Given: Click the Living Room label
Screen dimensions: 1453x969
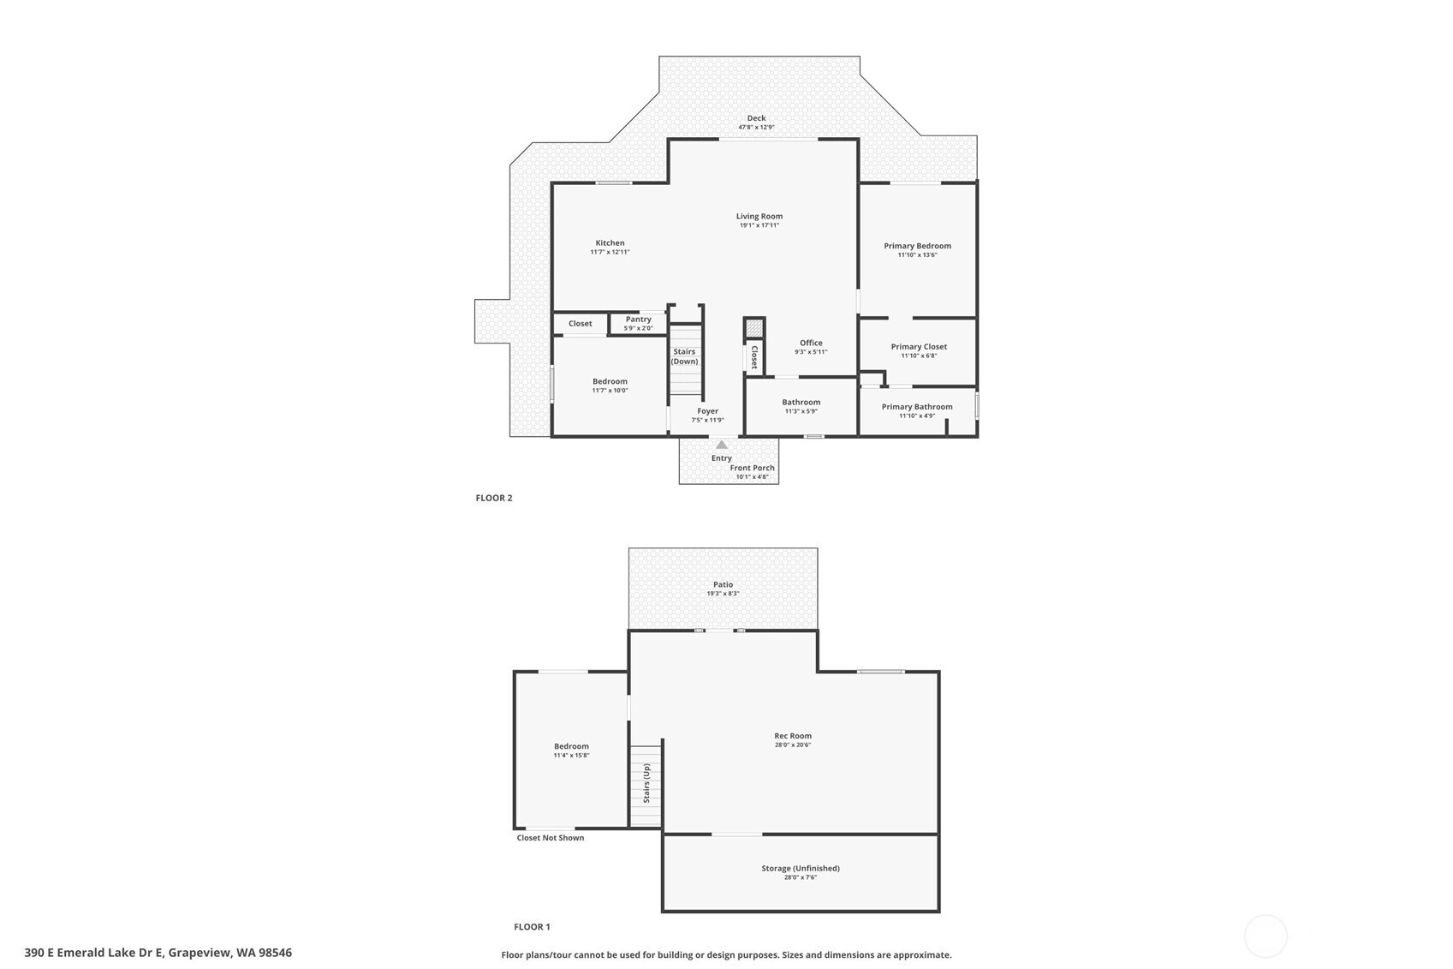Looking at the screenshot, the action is tap(759, 216).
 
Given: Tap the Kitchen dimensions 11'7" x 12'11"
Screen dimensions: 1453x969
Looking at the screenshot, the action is tap(610, 252).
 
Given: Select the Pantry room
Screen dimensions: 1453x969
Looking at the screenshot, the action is tap(638, 323).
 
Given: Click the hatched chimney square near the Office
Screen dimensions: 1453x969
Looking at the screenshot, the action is tap(753, 329).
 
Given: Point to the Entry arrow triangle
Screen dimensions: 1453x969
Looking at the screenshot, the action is tap(721, 445).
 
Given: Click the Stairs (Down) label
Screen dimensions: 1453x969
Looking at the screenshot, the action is tap(684, 356).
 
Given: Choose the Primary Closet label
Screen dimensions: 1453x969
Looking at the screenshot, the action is tap(919, 347).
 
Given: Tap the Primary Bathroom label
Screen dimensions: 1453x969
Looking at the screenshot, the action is tap(916, 407).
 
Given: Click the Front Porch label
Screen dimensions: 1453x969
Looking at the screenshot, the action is tap(752, 467).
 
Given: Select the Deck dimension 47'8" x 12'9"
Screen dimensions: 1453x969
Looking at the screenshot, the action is tap(756, 127).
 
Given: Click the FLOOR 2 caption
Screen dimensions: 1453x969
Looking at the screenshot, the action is tap(494, 498).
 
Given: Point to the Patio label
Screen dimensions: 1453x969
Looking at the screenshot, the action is tap(724, 584).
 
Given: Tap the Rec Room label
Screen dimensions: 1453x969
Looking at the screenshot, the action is tap(793, 735).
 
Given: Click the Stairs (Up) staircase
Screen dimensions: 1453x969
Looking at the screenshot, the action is tap(646, 787).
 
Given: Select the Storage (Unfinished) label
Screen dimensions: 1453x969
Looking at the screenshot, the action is tap(801, 868).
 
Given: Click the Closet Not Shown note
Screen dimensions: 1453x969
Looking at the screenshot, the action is tap(550, 837).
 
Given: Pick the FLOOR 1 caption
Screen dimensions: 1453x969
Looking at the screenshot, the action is tap(532, 927).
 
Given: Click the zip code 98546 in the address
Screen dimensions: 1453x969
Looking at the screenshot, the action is tap(275, 953).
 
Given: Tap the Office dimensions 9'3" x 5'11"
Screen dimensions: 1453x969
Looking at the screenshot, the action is tap(811, 352).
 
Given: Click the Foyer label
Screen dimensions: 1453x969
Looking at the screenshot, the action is tap(708, 411).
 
